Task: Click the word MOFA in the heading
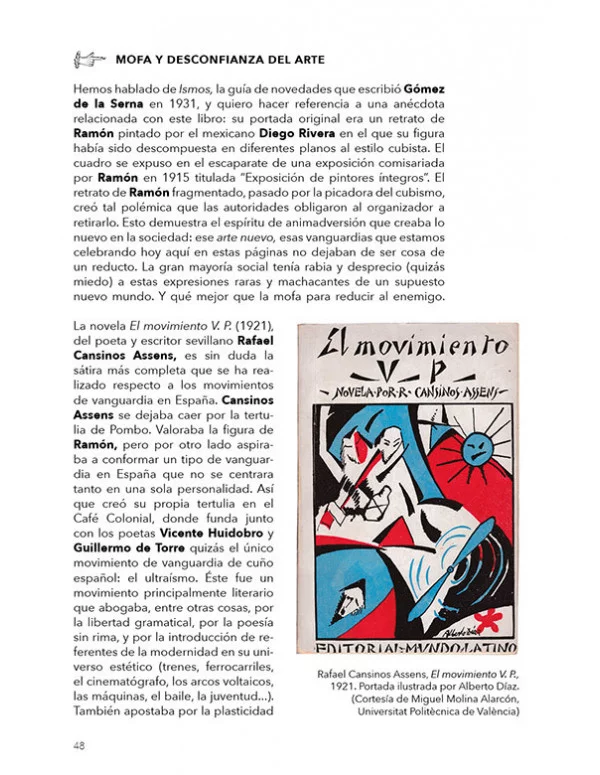pyautogui.click(x=136, y=59)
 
